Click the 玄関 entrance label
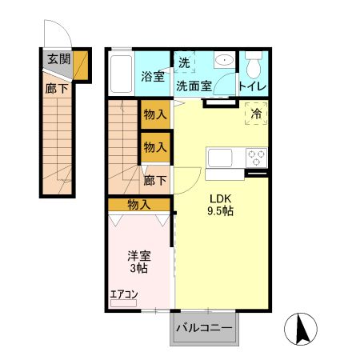click(x=59, y=59)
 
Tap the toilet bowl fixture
click(x=254, y=65)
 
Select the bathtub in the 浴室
click(x=121, y=74)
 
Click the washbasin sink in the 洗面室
click(x=224, y=60)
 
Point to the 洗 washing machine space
click(x=184, y=62)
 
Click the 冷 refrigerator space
click(x=256, y=114)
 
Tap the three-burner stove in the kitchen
click(x=256, y=158)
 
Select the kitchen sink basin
click(x=220, y=158)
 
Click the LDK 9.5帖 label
click(x=220, y=205)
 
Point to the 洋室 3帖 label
click(x=139, y=262)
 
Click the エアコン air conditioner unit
click(x=123, y=303)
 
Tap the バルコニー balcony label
click(x=204, y=328)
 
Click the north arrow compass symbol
click(x=301, y=329)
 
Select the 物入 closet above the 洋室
click(x=139, y=205)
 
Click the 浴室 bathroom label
click(x=153, y=77)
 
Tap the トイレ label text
click(x=252, y=86)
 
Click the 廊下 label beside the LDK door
click(x=155, y=181)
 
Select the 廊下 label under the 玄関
click(x=56, y=89)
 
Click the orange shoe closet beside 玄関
click(x=81, y=66)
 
